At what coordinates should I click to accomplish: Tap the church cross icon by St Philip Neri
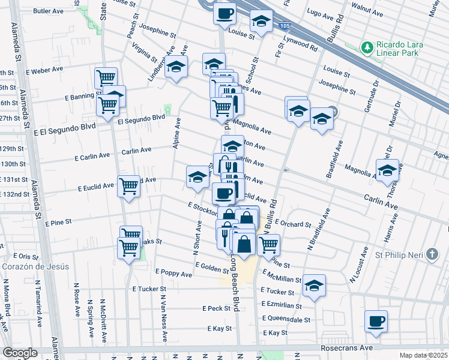[432, 254]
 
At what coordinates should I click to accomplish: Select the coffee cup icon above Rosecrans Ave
[376, 321]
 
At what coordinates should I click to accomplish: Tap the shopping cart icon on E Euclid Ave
[128, 186]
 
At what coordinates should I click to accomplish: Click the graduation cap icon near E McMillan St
[313, 286]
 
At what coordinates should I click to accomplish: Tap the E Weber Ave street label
[43, 70]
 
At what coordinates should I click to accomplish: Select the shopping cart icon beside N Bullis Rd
[268, 244]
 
